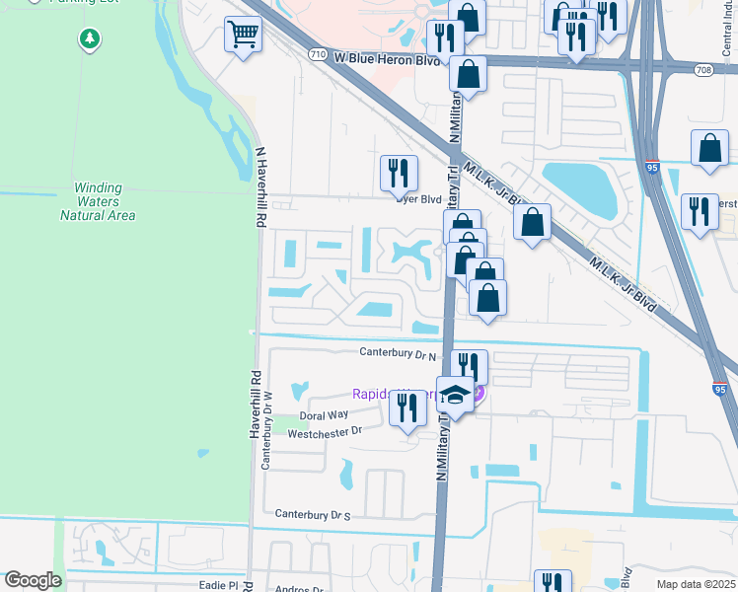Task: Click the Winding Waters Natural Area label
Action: click(97, 201)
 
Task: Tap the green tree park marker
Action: click(90, 39)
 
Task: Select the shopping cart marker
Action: click(242, 37)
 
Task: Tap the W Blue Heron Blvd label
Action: click(387, 59)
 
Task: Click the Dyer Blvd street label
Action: click(419, 199)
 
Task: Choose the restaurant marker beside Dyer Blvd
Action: click(399, 174)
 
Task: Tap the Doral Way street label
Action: click(325, 415)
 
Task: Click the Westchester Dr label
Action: click(325, 431)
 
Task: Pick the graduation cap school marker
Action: click(454, 395)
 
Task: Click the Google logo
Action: click(33, 580)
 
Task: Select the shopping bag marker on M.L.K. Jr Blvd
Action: click(532, 223)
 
